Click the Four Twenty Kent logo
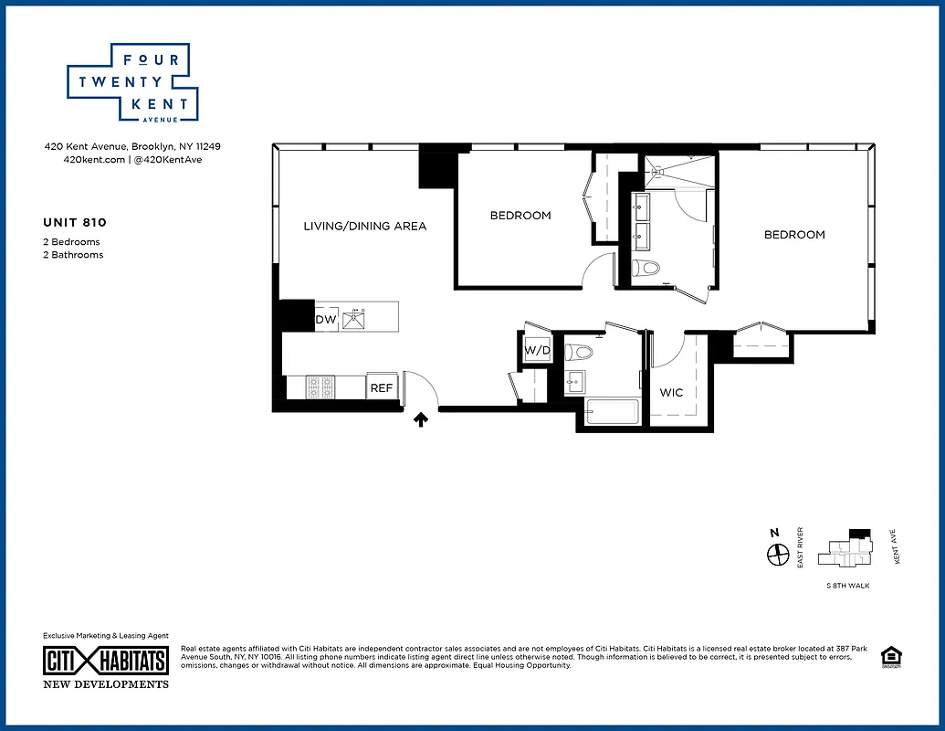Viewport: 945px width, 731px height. (x=133, y=83)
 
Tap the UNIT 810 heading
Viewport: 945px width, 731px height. (x=75, y=222)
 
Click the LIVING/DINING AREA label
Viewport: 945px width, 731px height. (x=365, y=226)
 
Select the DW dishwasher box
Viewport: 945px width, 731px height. (x=326, y=320)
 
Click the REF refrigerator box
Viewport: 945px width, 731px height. (x=382, y=387)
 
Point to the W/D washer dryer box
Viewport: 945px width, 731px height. (x=536, y=350)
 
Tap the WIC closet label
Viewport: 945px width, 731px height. (x=671, y=393)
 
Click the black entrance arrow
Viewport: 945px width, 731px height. (x=421, y=419)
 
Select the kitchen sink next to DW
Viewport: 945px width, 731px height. (x=353, y=319)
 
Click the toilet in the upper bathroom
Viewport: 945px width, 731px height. (x=646, y=268)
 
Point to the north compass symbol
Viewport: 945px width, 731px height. (x=778, y=553)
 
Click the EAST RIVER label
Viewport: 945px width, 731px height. (x=800, y=548)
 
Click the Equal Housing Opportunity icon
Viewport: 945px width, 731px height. (x=887, y=655)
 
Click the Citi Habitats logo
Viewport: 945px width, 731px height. (x=106, y=661)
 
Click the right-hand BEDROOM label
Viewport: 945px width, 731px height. (x=794, y=235)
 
